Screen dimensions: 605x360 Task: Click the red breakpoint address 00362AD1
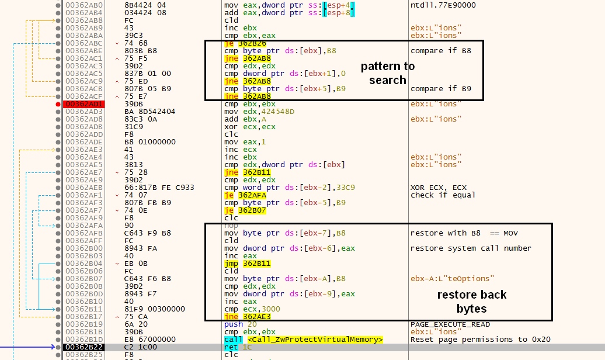tap(84, 104)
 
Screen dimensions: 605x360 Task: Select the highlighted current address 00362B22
tap(84, 347)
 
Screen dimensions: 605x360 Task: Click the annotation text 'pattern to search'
tap(388, 73)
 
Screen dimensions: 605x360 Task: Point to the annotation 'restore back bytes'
tap(471, 302)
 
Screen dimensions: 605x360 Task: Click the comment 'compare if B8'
tap(441, 51)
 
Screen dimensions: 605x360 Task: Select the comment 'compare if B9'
tap(441, 88)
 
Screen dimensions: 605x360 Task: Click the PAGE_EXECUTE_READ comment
tap(450, 324)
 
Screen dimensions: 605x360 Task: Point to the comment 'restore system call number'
tap(471, 248)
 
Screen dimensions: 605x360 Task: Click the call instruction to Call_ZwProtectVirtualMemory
tap(304, 339)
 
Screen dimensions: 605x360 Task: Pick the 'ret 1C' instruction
tap(238, 347)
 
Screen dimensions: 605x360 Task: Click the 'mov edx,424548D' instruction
tap(259, 111)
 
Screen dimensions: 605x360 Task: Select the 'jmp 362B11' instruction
tap(248, 264)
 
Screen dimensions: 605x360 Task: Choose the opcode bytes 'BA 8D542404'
tap(149, 111)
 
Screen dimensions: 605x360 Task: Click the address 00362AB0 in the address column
tap(84, 5)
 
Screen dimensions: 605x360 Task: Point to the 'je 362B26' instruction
tap(245, 43)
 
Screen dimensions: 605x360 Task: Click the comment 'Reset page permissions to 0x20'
tap(481, 339)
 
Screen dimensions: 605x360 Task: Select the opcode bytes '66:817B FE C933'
tap(159, 188)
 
